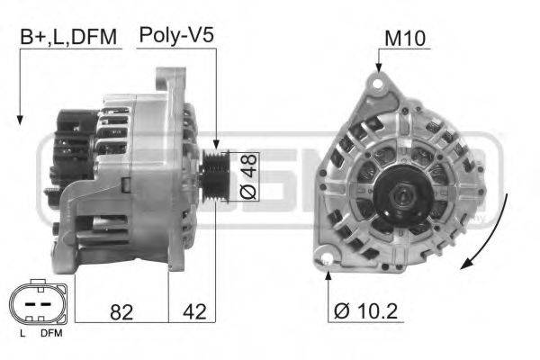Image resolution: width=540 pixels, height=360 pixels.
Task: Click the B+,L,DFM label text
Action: pos(68,39)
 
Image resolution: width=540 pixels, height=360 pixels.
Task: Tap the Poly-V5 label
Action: pos(175,37)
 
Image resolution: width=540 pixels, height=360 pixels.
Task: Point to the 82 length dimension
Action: pos(122,311)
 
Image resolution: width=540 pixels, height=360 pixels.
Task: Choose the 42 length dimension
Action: pos(193,311)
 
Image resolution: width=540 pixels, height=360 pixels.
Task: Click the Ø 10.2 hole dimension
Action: pos(367,311)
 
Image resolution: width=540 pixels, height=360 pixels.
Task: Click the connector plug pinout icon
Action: pos(37,306)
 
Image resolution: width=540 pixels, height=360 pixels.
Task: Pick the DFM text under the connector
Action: pos(51,335)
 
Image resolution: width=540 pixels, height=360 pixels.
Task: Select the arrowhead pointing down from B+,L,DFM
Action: pos(19,119)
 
